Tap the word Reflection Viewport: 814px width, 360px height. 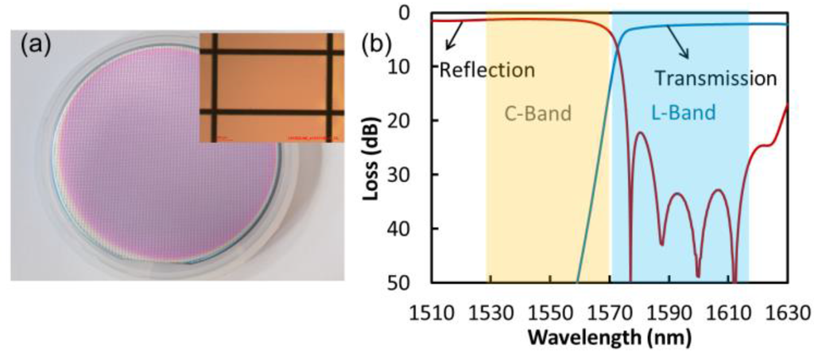click(x=486, y=70)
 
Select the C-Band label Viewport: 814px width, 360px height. click(x=538, y=113)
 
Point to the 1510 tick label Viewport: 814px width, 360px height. click(x=430, y=311)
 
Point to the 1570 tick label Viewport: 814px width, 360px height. click(x=609, y=311)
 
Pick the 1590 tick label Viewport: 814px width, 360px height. click(x=669, y=311)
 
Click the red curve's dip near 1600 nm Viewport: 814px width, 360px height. click(x=698, y=274)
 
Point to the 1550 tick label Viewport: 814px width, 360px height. click(x=549, y=311)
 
